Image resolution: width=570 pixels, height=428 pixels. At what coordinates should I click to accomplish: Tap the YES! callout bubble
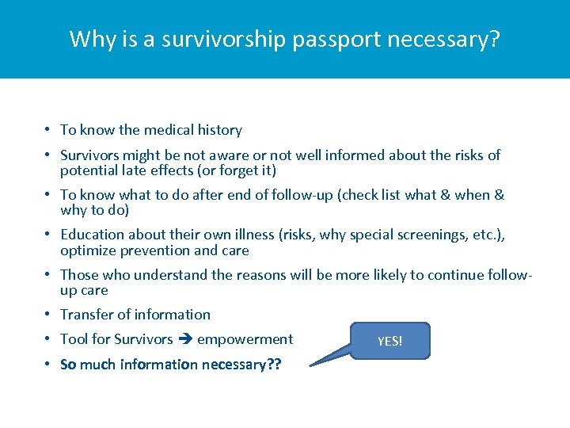click(389, 341)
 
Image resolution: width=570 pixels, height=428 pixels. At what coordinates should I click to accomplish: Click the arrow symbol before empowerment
click(184, 339)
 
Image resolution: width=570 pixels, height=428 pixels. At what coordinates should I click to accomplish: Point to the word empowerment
click(245, 339)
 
